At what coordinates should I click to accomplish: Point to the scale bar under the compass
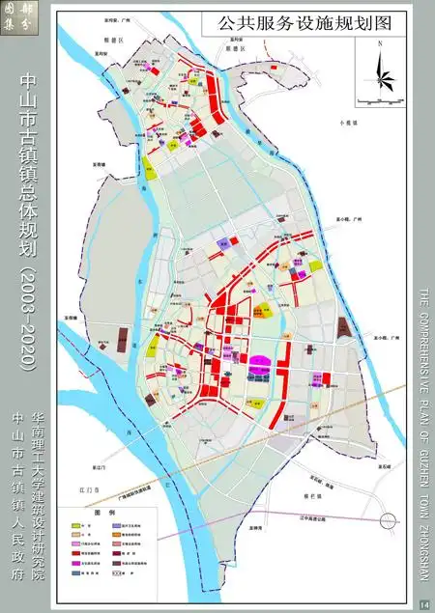click(x=380, y=100)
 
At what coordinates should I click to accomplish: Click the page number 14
click(x=423, y=604)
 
